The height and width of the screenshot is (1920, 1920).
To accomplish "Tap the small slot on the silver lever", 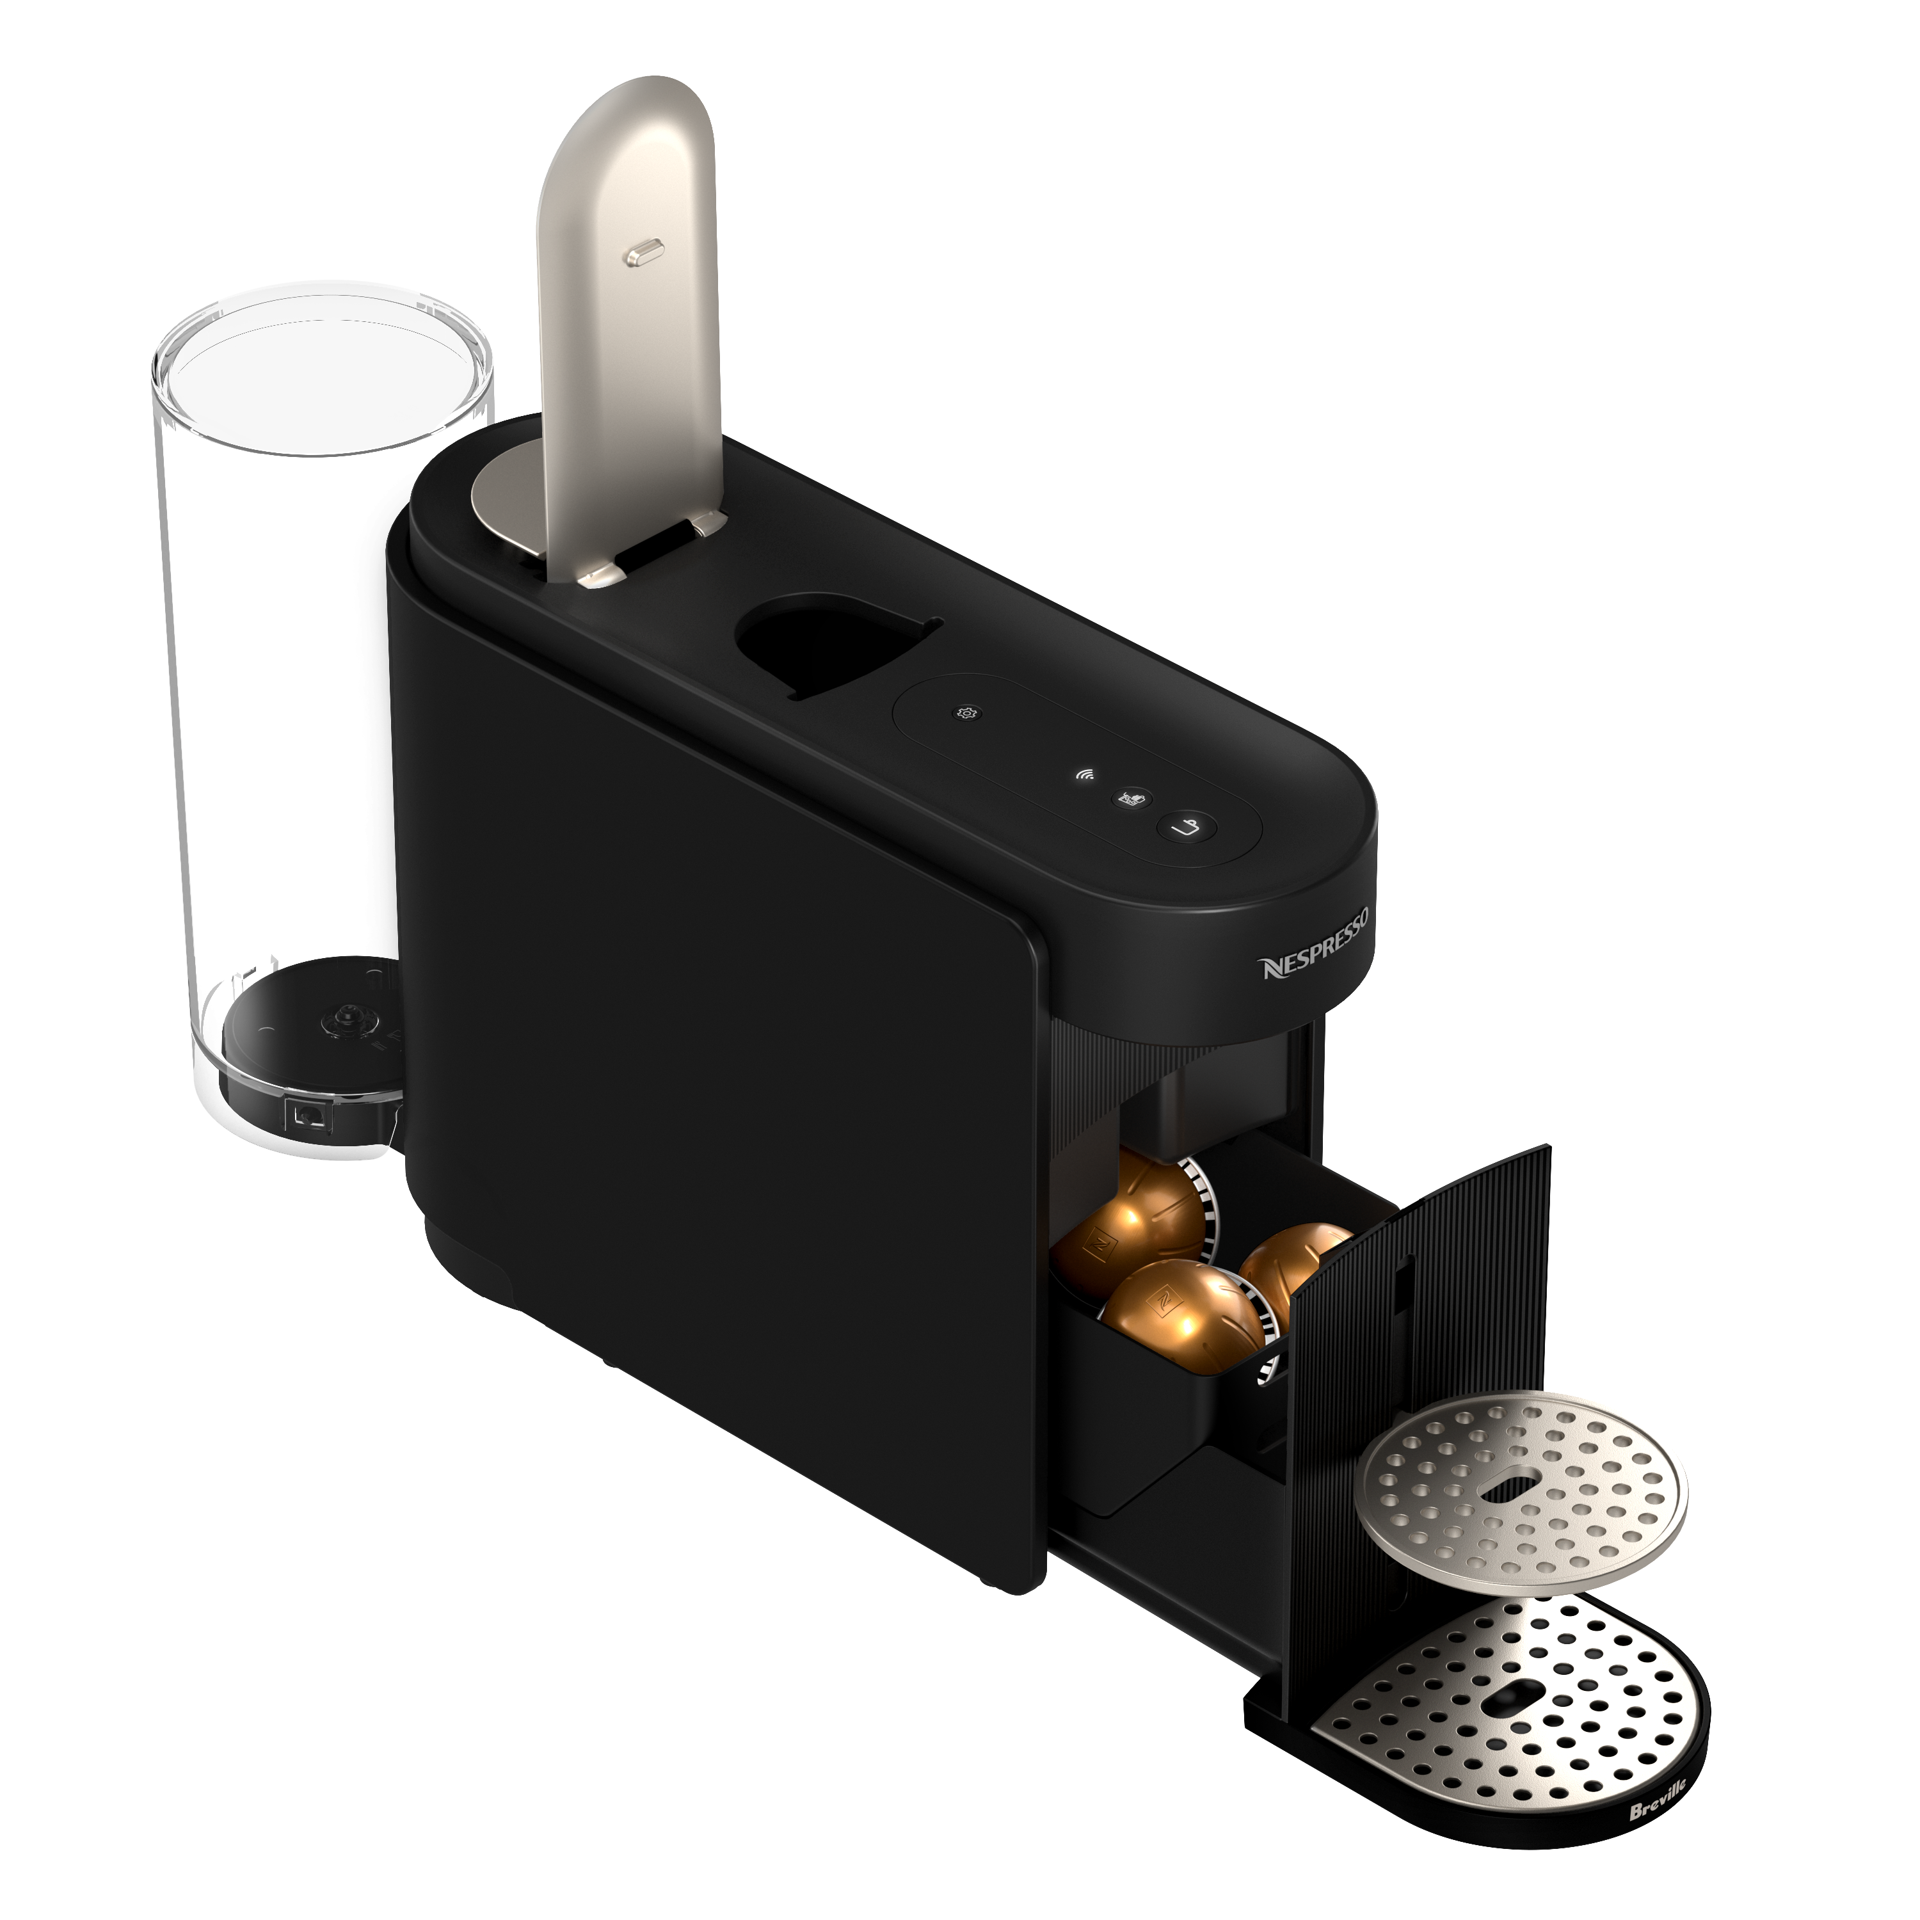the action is pyautogui.click(x=642, y=255).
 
